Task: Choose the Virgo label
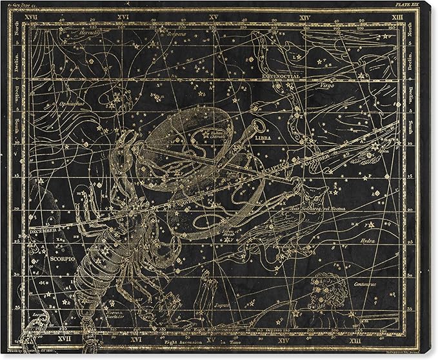326,85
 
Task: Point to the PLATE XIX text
409,4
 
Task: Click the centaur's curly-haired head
327,284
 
